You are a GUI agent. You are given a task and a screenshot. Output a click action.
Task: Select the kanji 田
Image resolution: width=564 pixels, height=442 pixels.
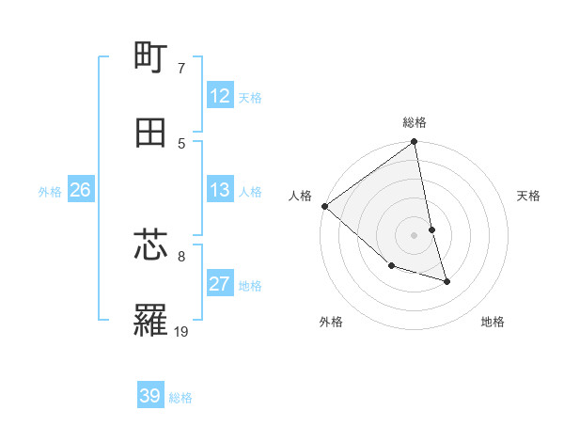coord(151,133)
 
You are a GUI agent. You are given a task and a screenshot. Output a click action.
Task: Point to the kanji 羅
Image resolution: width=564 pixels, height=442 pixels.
coord(151,321)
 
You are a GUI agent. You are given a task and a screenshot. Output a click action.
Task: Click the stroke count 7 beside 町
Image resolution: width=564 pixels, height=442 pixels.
coord(180,69)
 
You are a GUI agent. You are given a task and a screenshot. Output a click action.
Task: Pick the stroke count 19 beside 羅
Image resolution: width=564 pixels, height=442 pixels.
coord(181,331)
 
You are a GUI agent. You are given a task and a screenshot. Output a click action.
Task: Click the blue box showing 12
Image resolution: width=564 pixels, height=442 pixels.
coord(220,96)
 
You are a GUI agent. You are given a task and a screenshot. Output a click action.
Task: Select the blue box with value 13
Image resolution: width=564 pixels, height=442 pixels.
coord(220,191)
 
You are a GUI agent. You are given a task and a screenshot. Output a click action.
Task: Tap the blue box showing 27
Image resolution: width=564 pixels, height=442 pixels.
coord(220,284)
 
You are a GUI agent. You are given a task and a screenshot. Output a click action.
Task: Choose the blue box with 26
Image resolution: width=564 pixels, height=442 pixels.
coord(80,191)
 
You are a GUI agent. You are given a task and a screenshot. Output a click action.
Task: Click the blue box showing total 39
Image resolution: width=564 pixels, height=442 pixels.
coord(150,396)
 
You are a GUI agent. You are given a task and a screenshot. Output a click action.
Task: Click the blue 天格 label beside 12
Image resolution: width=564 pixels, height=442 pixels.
coord(250,98)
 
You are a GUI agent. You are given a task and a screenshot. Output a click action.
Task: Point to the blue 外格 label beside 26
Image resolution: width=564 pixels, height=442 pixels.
coord(50,192)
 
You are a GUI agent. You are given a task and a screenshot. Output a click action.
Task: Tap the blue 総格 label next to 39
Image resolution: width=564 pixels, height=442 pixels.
coord(180,398)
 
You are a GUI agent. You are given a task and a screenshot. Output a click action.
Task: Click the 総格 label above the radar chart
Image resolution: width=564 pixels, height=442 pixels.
coord(415,122)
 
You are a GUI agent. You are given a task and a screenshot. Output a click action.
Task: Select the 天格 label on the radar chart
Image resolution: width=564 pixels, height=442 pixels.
coord(529,196)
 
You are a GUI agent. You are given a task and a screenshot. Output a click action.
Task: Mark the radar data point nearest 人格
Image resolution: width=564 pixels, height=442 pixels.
coord(324,206)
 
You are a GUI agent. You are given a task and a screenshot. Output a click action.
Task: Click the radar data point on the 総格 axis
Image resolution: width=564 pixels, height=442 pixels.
coord(415,143)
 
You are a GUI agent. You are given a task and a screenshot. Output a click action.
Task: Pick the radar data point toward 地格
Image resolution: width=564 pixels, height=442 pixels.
coord(446,281)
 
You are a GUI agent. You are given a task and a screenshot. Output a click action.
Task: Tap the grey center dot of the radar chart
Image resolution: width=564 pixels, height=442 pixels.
coord(415,235)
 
